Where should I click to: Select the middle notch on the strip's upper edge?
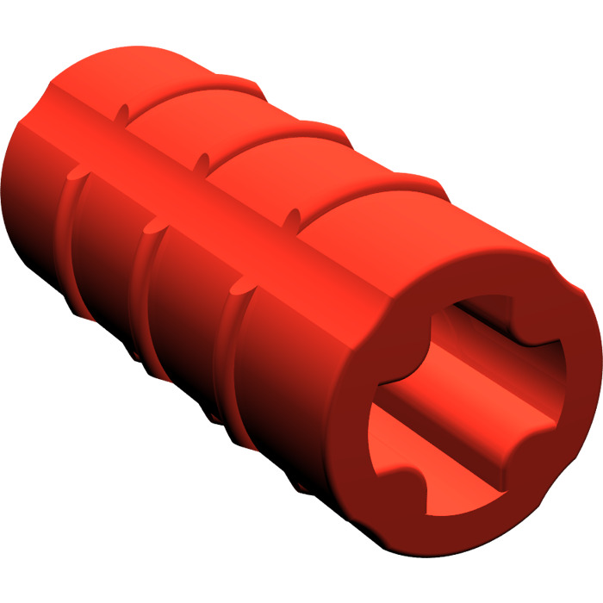coord(203,160)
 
